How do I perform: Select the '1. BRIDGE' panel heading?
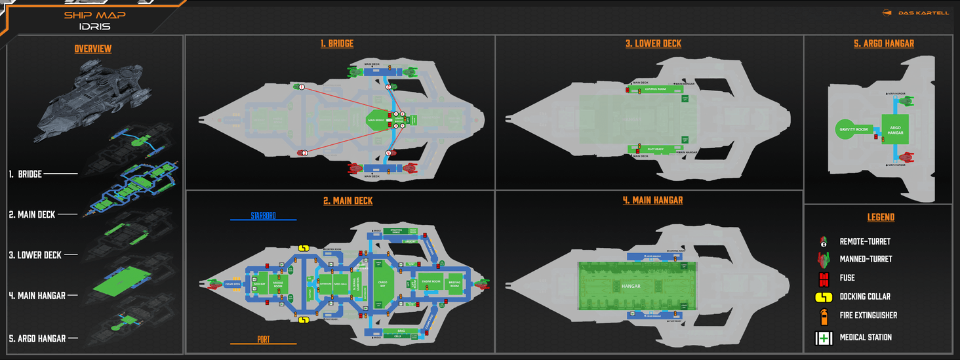click(337, 44)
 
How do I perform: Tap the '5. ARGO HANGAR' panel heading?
click(878, 44)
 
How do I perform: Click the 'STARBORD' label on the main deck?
click(263, 215)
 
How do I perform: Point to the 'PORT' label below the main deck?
click(263, 340)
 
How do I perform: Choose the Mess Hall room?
click(340, 285)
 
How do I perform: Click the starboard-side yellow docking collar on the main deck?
click(304, 248)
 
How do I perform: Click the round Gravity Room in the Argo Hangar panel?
click(852, 129)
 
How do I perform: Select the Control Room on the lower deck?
click(656, 89)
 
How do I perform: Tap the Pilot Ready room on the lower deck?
click(656, 150)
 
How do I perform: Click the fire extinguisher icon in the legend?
click(823, 315)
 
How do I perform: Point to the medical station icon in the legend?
click(823, 338)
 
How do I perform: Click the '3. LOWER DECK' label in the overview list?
click(35, 255)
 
